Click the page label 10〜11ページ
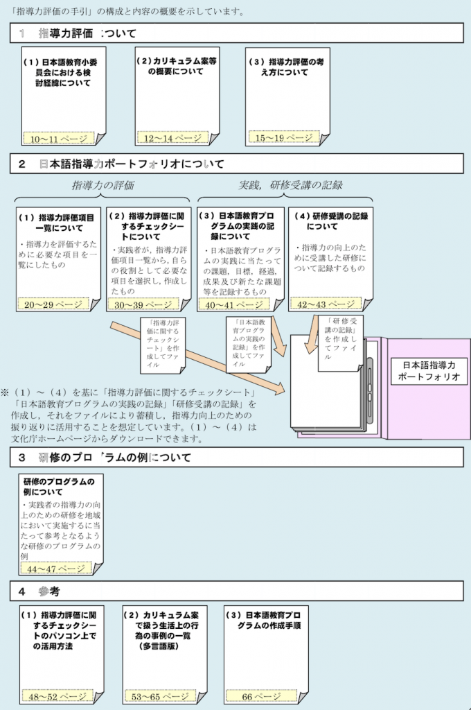[x=57, y=139]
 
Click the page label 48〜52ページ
[x=57, y=696]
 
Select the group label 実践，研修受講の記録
[x=291, y=185]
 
